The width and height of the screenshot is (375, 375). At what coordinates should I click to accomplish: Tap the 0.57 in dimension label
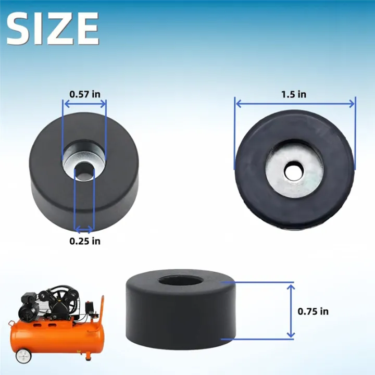[85, 94]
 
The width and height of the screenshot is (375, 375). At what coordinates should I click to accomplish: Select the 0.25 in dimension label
[85, 241]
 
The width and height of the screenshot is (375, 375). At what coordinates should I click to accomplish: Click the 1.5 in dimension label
[294, 94]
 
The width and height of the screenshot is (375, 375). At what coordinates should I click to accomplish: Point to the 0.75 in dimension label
[313, 311]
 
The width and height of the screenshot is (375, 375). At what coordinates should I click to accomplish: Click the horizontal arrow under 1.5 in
[295, 104]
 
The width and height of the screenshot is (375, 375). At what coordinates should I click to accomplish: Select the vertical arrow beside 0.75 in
[291, 310]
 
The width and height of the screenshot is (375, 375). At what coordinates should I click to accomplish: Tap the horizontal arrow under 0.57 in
[84, 104]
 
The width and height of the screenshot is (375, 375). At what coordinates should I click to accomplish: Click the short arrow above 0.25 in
[84, 229]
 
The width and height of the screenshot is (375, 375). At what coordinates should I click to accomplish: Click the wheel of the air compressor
[22, 356]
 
